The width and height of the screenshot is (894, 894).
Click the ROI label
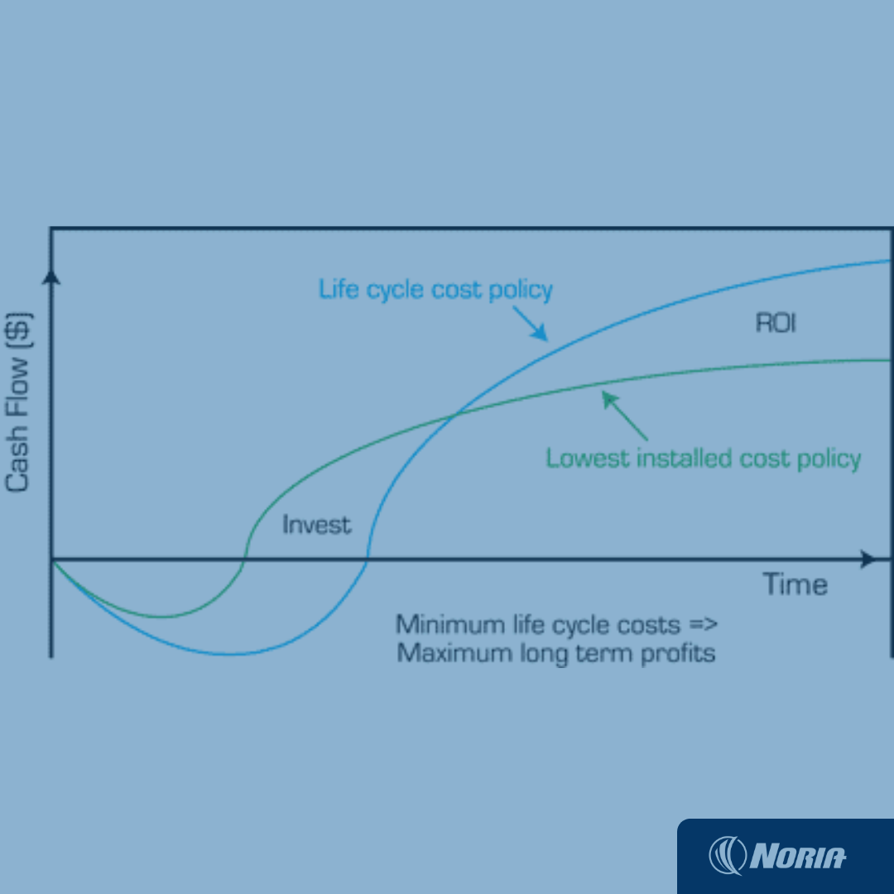(776, 323)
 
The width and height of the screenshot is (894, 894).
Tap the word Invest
(316, 525)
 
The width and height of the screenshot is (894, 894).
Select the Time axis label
(795, 584)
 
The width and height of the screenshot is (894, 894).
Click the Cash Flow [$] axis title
(17, 402)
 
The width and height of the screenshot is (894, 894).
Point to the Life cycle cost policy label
(435, 290)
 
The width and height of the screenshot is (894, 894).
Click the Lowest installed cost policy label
(704, 459)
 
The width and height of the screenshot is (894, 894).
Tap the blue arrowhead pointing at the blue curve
(540, 333)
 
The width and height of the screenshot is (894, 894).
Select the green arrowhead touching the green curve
(610, 400)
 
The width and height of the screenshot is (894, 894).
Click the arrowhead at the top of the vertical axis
(51, 277)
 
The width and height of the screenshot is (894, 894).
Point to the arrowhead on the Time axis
(868, 559)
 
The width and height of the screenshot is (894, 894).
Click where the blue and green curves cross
(454, 416)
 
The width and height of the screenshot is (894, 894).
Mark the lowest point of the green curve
(161, 617)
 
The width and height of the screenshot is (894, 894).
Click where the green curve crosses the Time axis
(244, 560)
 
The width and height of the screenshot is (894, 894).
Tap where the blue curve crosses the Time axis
(368, 560)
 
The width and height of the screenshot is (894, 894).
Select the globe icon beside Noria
(727, 855)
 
